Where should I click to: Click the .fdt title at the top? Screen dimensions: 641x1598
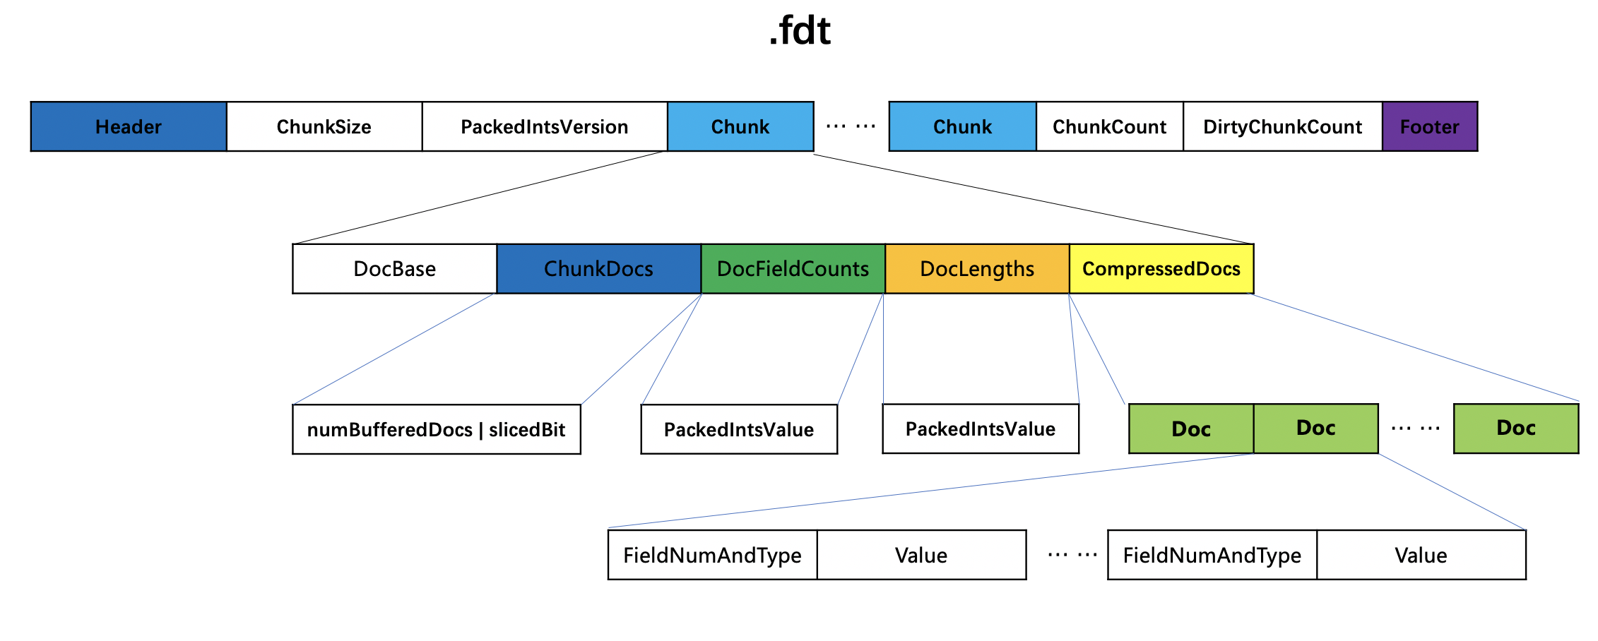[x=799, y=31]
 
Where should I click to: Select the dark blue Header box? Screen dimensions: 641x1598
[x=129, y=127]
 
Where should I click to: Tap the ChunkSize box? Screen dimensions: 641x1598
[x=324, y=127]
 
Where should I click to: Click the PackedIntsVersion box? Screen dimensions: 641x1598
[x=545, y=127]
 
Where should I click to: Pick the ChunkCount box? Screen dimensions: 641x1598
[x=1109, y=127]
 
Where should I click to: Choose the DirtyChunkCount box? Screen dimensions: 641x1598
[x=1282, y=127]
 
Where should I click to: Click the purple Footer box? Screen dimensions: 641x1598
[x=1429, y=127]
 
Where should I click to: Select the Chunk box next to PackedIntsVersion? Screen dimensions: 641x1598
[x=740, y=127]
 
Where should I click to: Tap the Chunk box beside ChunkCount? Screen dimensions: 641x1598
[x=962, y=127]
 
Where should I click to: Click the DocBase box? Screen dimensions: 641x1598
[x=394, y=269]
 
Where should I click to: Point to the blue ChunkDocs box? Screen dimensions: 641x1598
[x=598, y=269]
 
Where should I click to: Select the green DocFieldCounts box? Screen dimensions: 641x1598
[x=793, y=269]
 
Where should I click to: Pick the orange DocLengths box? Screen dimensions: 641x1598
[x=977, y=269]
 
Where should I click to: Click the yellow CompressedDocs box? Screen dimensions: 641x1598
[x=1161, y=269]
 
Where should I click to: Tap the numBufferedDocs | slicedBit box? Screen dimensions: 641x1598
[x=437, y=430]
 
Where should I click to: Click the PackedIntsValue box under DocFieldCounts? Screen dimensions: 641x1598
[x=739, y=430]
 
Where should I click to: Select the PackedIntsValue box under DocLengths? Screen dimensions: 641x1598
[x=981, y=429]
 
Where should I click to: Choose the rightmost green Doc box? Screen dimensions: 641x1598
[x=1516, y=429]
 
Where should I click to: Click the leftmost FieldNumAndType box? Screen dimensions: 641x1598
[x=712, y=556]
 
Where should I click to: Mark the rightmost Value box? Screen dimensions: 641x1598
[x=1421, y=556]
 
